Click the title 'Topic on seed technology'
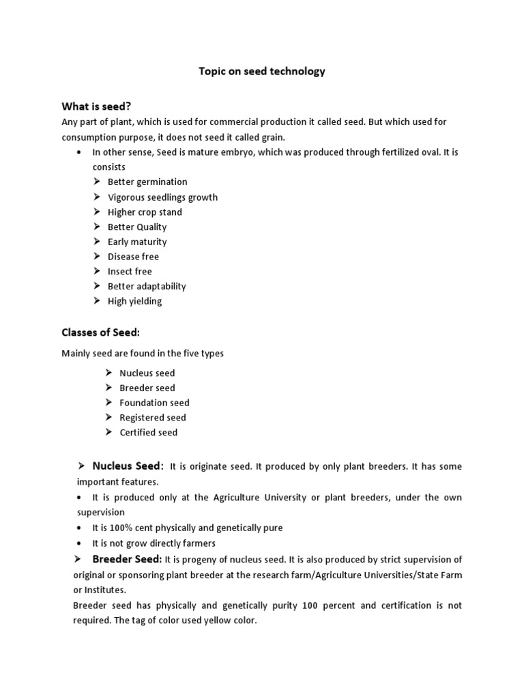tap(261, 72)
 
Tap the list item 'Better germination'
tap(147, 182)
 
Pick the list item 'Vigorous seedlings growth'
tap(162, 197)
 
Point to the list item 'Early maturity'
tap(137, 242)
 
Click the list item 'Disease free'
tap(133, 257)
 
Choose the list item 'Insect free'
tap(130, 272)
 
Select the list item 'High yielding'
tap(134, 301)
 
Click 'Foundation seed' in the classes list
tap(154, 403)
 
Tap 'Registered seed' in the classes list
tap(152, 418)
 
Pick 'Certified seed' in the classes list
tap(148, 432)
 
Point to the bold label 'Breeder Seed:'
tap(127, 560)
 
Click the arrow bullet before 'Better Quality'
tap(98, 227)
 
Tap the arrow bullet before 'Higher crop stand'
tap(98, 212)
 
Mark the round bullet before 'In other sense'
tap(81, 152)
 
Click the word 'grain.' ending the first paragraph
tap(272, 137)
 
